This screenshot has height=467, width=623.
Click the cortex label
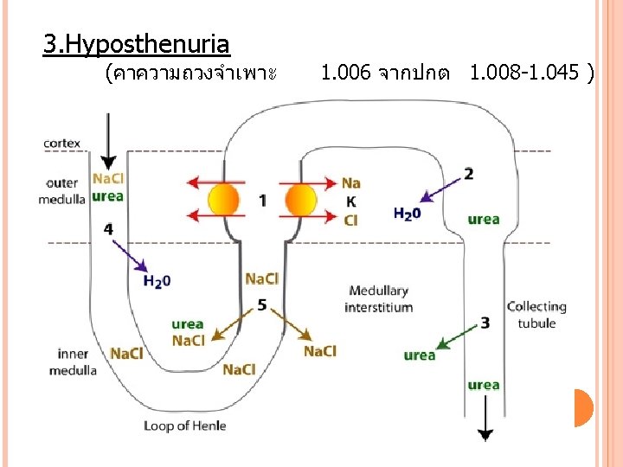coord(62,144)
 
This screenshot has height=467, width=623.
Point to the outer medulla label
coord(62,191)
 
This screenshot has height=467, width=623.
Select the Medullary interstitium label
coord(378,298)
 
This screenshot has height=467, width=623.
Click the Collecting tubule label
coord(536,315)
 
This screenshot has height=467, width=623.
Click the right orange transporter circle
coord(302,200)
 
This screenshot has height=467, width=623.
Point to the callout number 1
coord(262,201)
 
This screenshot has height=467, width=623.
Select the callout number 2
coord(468,174)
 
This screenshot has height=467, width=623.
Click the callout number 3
coord(485,323)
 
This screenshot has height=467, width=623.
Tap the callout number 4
coord(108,229)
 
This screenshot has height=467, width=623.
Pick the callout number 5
coord(262,304)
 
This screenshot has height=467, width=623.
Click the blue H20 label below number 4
coord(157,281)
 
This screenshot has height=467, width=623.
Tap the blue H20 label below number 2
coord(407,213)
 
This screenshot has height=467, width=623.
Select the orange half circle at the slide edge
coord(583,408)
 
